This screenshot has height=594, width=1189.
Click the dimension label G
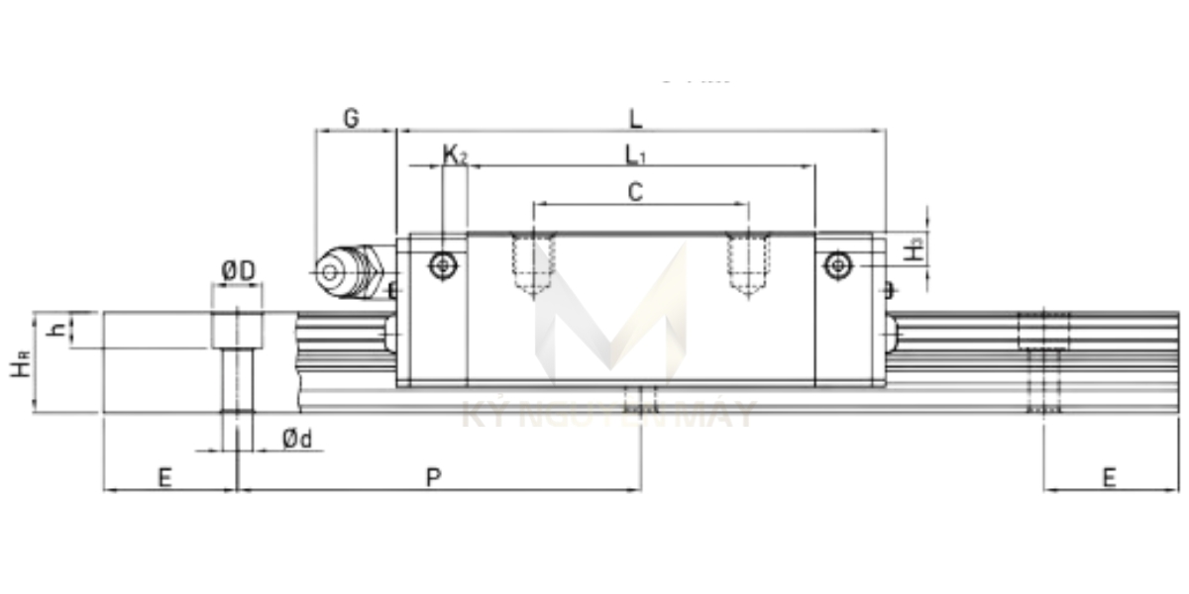[351, 118]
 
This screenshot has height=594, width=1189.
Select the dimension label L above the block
[635, 118]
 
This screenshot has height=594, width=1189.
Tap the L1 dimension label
[635, 154]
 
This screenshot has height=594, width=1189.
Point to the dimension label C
[635, 192]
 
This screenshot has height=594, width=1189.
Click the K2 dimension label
[454, 154]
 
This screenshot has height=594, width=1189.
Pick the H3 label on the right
[917, 248]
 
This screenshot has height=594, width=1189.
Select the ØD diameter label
[238, 270]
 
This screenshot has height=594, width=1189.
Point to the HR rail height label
[20, 362]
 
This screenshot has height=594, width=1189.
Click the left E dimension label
[164, 478]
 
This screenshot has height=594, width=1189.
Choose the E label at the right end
[1109, 478]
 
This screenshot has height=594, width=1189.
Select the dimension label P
[433, 478]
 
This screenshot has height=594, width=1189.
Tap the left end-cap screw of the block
[443, 264]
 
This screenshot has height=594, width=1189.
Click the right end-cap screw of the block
[838, 264]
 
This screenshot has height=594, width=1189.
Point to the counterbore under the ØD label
[237, 330]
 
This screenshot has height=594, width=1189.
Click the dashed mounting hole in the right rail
[1044, 361]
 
